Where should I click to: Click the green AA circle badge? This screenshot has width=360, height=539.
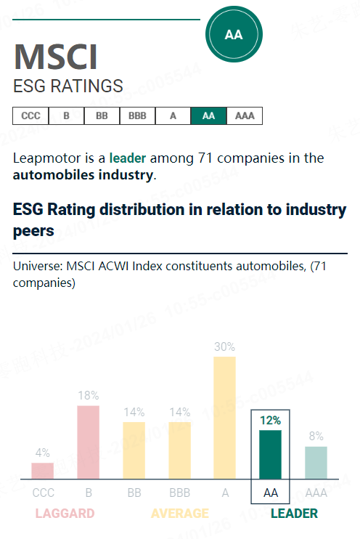coord(234,34)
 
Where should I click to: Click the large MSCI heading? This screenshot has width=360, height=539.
coord(55,57)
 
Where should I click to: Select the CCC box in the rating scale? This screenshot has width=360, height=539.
coord(30,116)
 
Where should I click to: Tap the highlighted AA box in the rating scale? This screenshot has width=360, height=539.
coord(208,116)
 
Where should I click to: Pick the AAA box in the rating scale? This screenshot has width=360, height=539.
coord(245,116)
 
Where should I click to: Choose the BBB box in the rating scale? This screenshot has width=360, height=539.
coord(137,116)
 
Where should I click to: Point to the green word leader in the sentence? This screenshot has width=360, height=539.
coord(128,158)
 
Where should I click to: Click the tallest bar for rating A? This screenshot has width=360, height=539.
coord(224,418)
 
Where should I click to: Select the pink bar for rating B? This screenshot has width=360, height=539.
coord(89,442)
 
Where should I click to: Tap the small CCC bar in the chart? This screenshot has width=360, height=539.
coord(43,471)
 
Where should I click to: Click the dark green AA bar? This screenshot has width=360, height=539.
coord(270,455)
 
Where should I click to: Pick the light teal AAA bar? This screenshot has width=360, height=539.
coord(316,463)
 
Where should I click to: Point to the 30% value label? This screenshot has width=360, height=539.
coord(225,347)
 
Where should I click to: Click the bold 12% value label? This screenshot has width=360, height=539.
coord(270,420)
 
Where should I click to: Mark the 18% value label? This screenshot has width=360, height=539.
coord(89,396)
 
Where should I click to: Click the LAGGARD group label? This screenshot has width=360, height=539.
coord(65,514)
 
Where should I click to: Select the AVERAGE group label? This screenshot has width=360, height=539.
coord(179,514)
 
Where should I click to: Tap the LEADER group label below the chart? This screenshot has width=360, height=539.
coord(294,514)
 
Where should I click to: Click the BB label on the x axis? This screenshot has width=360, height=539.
coord(134,493)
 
